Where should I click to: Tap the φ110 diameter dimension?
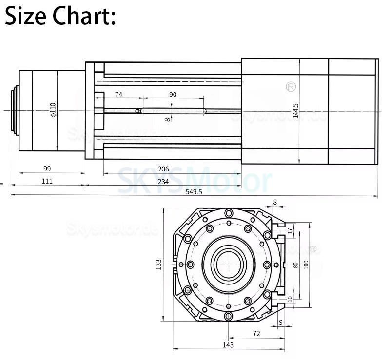53,110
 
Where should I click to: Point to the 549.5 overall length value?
194,192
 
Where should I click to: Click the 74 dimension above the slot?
118,95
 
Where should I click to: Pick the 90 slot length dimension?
173,95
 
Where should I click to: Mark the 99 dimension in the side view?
47,169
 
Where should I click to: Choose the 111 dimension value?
47,181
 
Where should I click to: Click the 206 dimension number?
163,169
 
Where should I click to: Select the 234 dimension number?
163,181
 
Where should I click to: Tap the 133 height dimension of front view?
158,265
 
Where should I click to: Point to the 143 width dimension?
228,345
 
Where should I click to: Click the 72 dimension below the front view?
256,334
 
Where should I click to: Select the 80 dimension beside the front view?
295,266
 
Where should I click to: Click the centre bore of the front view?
228,264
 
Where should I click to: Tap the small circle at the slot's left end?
138,111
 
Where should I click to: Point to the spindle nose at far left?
15,111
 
